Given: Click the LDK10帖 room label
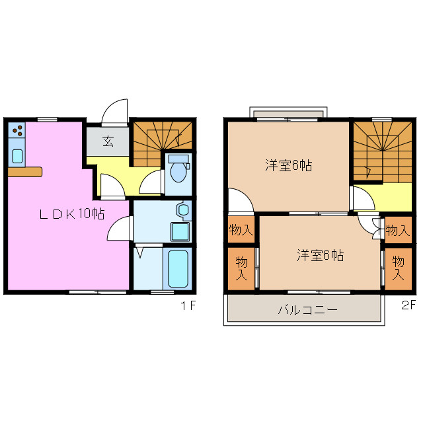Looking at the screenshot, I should click(x=71, y=214).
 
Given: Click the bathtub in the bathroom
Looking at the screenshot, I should click(x=177, y=268).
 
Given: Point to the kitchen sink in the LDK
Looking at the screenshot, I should click(x=17, y=156).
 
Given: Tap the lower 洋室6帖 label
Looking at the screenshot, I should click(x=320, y=254).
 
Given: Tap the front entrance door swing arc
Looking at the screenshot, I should click(x=115, y=110).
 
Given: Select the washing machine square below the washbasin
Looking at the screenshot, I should click(x=179, y=232).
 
